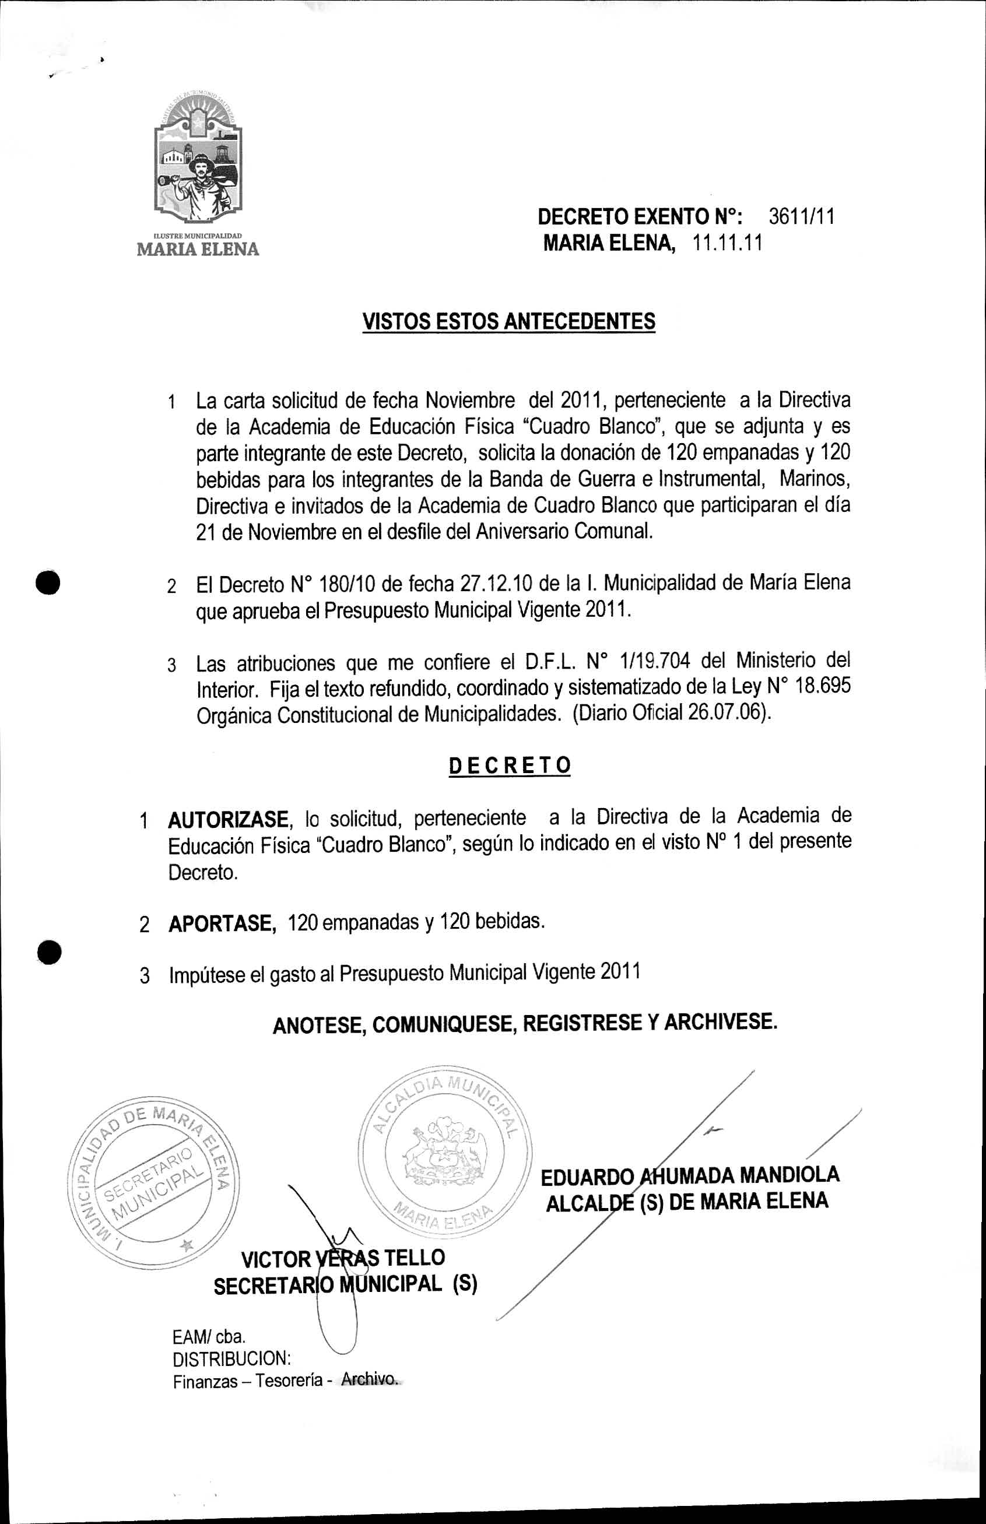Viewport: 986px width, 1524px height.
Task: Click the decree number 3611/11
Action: [801, 217]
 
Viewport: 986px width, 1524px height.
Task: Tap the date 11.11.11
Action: [727, 244]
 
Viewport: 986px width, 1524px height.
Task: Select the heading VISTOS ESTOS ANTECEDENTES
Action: [509, 321]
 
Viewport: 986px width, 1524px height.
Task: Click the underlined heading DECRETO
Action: [510, 765]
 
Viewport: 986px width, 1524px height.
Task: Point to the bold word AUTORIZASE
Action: [228, 819]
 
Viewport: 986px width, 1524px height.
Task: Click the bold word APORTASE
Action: [222, 923]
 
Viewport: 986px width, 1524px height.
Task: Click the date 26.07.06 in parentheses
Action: [727, 713]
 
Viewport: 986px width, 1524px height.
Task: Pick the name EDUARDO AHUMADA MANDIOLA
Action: [690, 1175]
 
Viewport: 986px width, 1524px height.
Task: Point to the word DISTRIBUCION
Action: [231, 1358]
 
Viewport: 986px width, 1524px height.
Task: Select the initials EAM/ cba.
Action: [209, 1336]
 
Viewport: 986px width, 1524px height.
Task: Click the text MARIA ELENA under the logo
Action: [198, 249]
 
